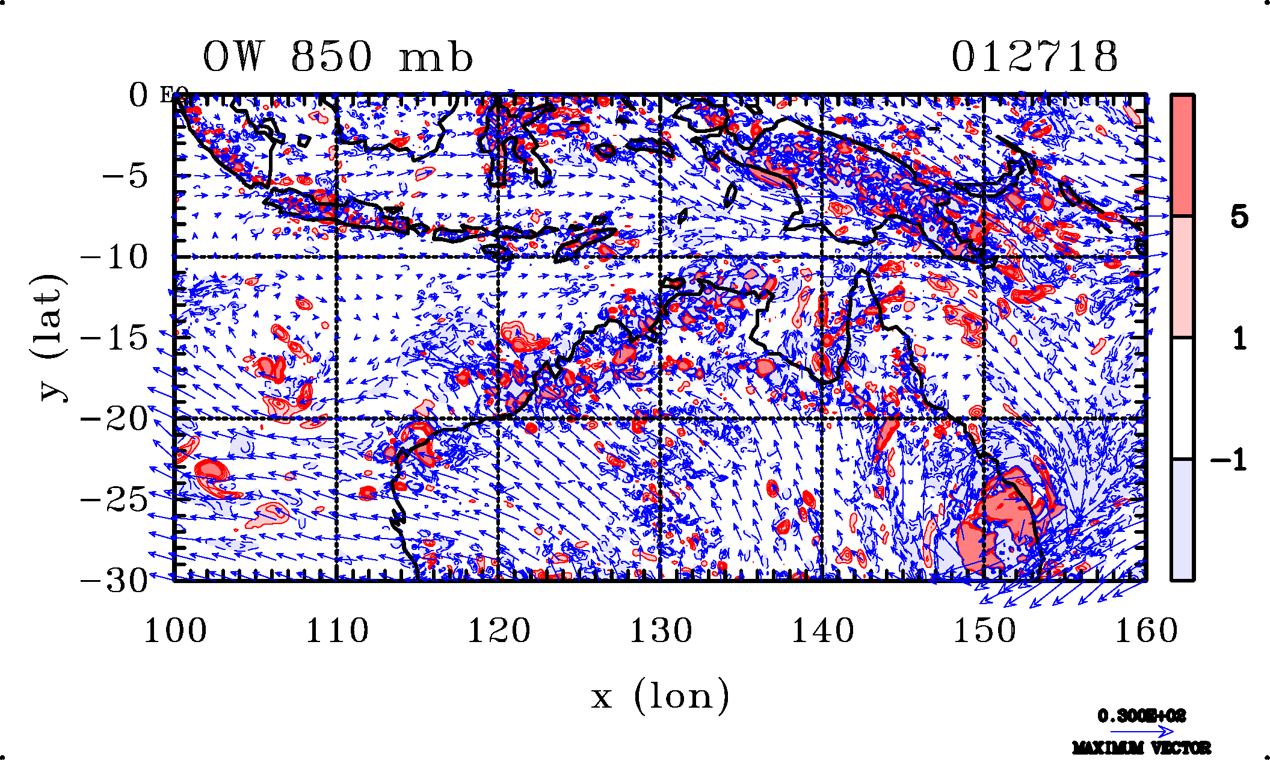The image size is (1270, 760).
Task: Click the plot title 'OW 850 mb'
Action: (x=338, y=57)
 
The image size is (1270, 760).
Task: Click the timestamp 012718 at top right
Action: (x=1034, y=57)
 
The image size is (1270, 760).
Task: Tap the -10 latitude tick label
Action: (x=114, y=258)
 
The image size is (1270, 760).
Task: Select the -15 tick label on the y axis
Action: (x=114, y=338)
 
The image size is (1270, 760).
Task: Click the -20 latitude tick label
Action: (x=114, y=419)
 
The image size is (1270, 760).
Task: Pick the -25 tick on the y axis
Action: (x=114, y=499)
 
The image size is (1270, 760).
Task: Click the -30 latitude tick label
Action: (x=114, y=581)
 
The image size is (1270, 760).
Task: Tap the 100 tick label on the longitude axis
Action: (x=175, y=631)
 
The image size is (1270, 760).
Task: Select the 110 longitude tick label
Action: (x=337, y=631)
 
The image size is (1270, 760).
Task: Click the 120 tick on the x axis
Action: (x=499, y=631)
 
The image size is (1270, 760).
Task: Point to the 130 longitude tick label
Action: (x=661, y=631)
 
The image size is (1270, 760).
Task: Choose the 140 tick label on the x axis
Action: (x=822, y=631)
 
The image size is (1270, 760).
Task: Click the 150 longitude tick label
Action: (x=984, y=631)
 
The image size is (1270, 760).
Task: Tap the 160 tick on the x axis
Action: (x=1146, y=631)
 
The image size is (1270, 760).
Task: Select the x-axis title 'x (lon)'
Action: (x=660, y=696)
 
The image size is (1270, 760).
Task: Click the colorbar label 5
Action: (x=1239, y=217)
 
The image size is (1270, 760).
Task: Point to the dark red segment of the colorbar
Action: (x=1182, y=155)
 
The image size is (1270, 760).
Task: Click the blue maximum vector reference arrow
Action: (x=1141, y=732)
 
